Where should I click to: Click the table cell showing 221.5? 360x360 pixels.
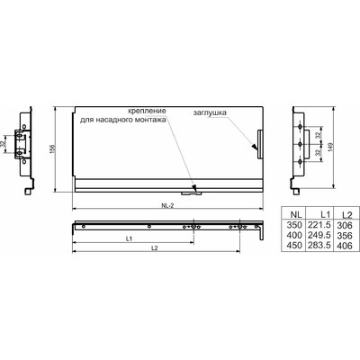pos(319,225)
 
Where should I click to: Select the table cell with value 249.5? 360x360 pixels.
pos(319,235)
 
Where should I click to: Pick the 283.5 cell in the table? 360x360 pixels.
pos(319,245)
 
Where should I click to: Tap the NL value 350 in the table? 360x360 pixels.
pos(294,225)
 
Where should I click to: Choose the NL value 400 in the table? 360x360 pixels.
pos(294,235)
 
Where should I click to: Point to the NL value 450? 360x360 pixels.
pos(294,245)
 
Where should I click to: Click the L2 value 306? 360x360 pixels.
pos(345,225)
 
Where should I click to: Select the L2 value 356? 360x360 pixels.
pos(345,236)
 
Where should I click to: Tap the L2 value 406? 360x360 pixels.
pos(345,246)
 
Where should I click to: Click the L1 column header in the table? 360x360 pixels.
pos(325,214)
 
